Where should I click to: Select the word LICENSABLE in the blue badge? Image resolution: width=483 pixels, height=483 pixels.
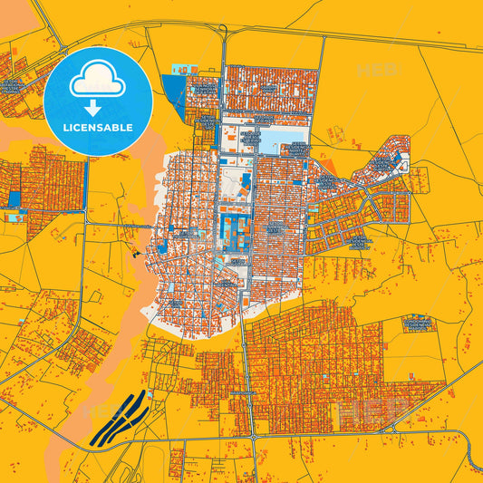tap(98, 127)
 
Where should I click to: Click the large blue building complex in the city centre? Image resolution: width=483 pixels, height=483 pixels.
tap(234, 231)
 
